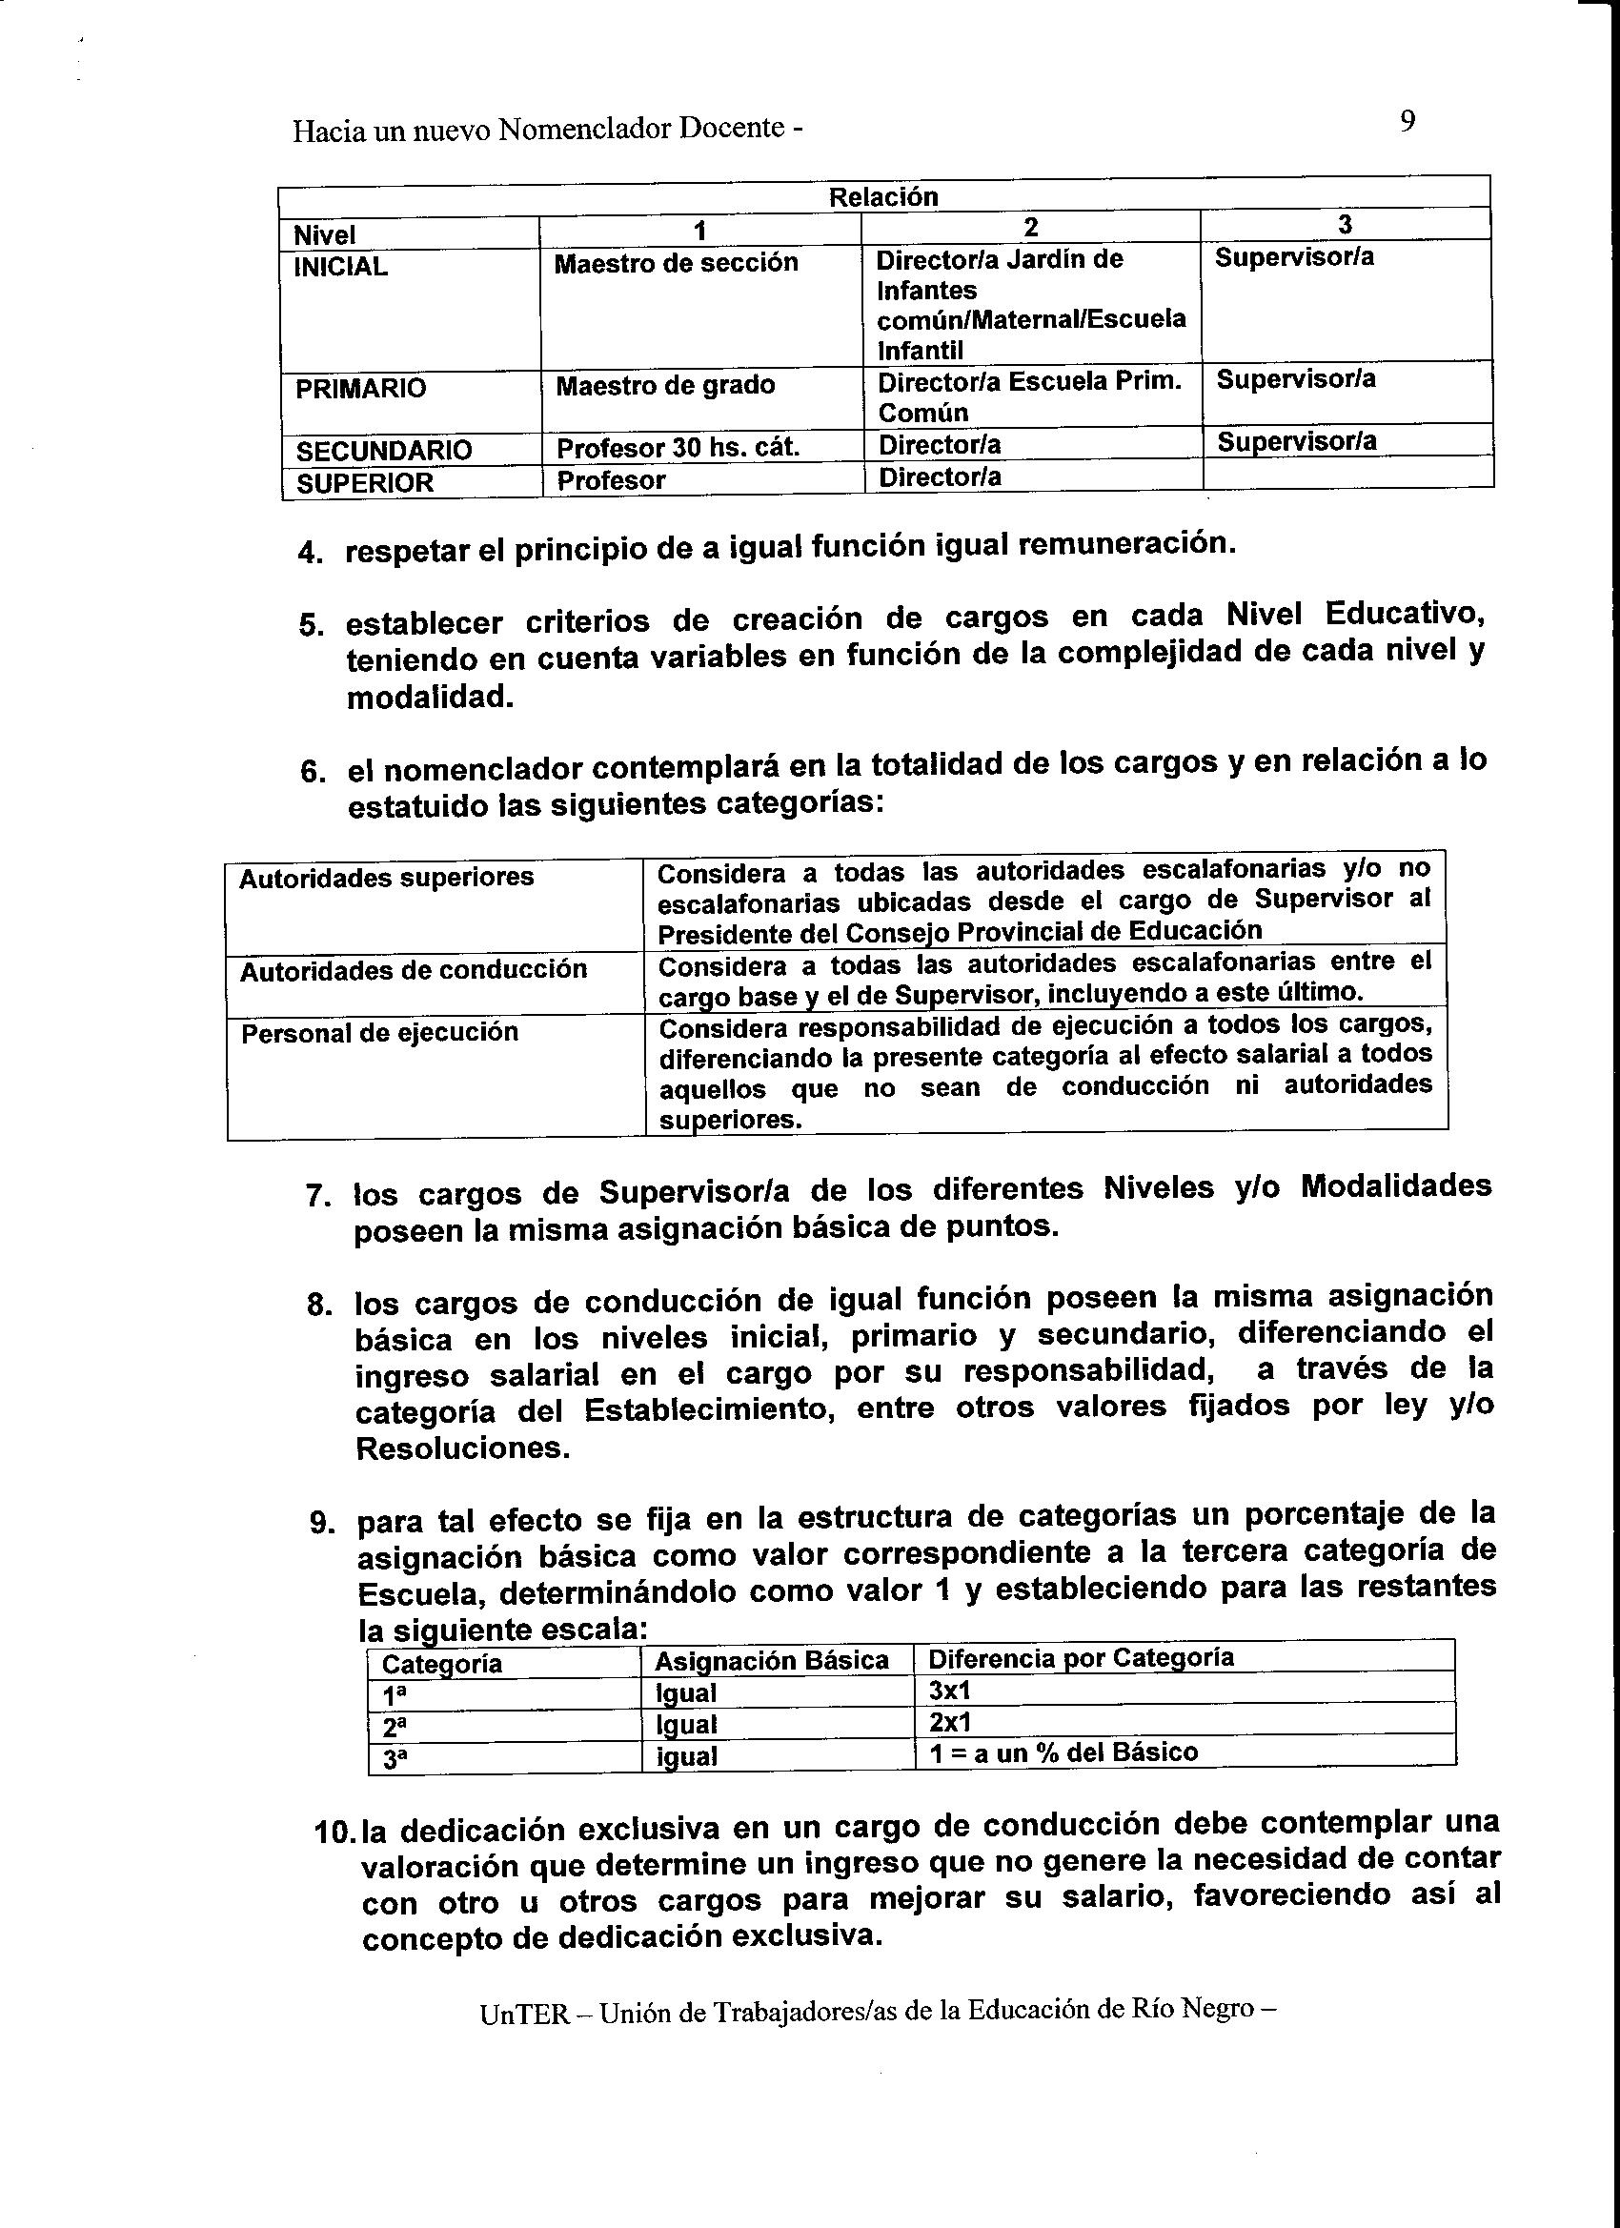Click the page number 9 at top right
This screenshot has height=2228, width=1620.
pyautogui.click(x=1407, y=122)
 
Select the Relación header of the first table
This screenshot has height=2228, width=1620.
pyautogui.click(x=883, y=196)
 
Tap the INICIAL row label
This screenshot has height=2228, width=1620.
pyautogui.click(x=341, y=267)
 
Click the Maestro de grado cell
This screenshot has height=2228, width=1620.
pyautogui.click(x=665, y=385)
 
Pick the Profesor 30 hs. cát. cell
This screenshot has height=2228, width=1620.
pyautogui.click(x=678, y=448)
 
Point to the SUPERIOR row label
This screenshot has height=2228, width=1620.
pyautogui.click(x=364, y=482)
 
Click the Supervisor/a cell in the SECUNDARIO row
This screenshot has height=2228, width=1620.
pyautogui.click(x=1297, y=442)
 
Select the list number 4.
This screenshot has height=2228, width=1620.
pyautogui.click(x=310, y=553)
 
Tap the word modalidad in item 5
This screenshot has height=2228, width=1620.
pyautogui.click(x=430, y=697)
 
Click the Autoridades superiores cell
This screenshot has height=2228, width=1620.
pyautogui.click(x=386, y=878)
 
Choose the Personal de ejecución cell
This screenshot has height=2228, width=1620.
pyautogui.click(x=379, y=1032)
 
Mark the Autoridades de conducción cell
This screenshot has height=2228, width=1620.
pyautogui.click(x=414, y=970)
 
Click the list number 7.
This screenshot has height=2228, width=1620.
pyautogui.click(x=317, y=1197)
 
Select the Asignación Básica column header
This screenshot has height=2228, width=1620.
pyautogui.click(x=771, y=1661)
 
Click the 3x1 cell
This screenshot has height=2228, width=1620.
pyautogui.click(x=949, y=1691)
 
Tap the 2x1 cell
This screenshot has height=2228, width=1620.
pyautogui.click(x=949, y=1722)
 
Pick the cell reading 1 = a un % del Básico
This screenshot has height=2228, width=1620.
pyautogui.click(x=1063, y=1752)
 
